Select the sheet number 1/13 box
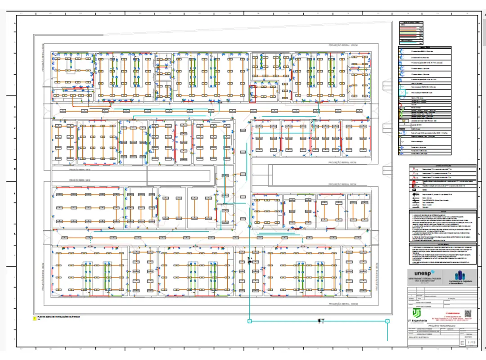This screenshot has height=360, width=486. coord(471,343)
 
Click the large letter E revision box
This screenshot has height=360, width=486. coord(462,343)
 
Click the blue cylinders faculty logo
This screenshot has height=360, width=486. coord(458,275)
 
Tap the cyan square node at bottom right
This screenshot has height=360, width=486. coord(387,321)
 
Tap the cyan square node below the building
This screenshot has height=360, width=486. coord(249,321)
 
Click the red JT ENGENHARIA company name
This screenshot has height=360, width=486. coord(450,312)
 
